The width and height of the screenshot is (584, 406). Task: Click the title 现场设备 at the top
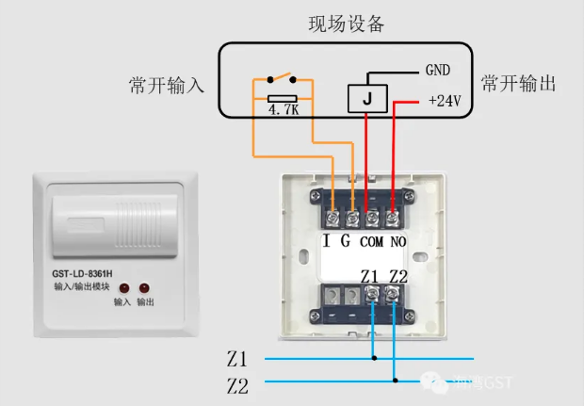click(347, 24)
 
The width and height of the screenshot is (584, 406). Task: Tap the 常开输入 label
click(166, 85)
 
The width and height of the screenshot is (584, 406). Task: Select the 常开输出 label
click(518, 83)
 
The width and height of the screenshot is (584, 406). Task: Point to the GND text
click(438, 70)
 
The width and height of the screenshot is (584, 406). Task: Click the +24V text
click(443, 100)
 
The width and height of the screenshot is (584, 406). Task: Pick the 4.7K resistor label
click(283, 109)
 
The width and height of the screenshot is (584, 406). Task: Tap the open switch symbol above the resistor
click(282, 79)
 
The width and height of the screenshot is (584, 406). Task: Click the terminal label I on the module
click(326, 240)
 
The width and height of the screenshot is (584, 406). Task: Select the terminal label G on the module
click(346, 240)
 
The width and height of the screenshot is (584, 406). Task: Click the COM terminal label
click(372, 241)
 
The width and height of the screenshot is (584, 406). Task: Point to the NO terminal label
click(397, 241)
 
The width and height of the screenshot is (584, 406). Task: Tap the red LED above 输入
click(123, 287)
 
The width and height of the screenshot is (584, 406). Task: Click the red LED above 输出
click(145, 287)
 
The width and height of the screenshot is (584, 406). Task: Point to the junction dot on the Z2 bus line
click(395, 381)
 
